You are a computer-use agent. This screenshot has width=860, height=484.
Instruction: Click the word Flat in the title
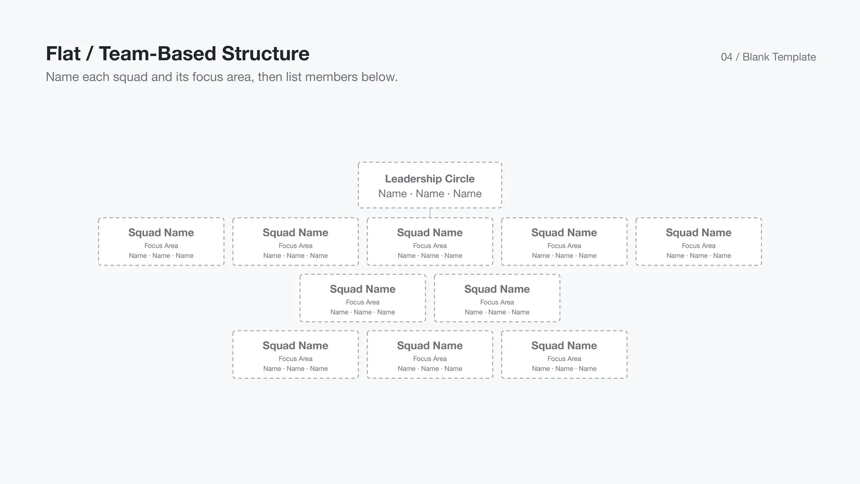64,53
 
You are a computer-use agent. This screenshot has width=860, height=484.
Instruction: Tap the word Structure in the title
266,53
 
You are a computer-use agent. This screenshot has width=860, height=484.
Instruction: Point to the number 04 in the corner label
727,57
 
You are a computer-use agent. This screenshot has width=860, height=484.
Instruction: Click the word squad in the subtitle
130,77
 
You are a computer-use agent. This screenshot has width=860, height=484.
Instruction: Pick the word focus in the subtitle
206,77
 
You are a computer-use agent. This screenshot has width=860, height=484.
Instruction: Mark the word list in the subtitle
294,77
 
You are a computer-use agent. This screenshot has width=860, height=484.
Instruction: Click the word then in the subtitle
270,77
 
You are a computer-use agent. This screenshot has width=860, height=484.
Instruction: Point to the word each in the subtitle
96,77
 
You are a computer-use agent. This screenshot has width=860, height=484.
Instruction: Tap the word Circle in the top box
460,179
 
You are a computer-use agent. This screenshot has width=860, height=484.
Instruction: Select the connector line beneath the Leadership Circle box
430,213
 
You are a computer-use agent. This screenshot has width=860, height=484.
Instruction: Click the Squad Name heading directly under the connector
430,233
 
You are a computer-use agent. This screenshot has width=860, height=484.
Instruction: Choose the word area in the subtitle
238,77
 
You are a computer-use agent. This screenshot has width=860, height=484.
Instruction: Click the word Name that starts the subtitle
62,77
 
